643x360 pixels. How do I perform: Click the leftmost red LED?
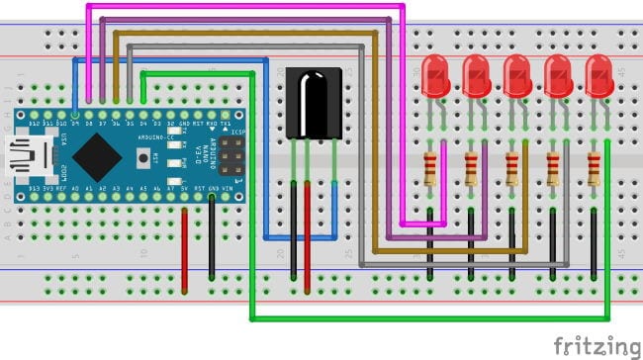coord(436,76)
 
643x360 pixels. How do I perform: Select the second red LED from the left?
coord(477,76)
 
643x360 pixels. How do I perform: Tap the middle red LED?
coord(516,76)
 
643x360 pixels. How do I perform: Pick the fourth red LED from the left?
coord(558,76)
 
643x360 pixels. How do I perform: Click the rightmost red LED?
coord(598,76)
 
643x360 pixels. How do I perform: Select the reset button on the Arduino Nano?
coord(144,156)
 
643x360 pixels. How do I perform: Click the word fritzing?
coord(596,346)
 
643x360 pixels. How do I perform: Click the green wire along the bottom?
coord(425,318)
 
